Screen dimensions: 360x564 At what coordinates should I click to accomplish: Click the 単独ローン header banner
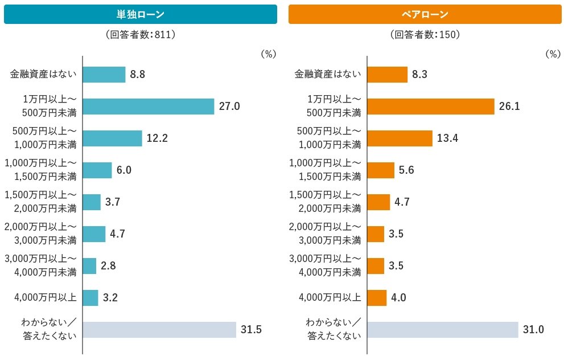(140, 14)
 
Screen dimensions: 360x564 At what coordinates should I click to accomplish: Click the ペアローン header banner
(425, 14)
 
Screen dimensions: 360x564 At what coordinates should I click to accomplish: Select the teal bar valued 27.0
(149, 107)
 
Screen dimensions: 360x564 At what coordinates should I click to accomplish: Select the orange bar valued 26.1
(431, 107)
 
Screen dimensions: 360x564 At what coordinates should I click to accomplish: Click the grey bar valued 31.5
(159, 330)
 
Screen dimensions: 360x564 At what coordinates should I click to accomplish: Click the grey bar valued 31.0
(443, 330)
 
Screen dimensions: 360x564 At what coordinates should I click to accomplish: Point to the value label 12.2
(157, 138)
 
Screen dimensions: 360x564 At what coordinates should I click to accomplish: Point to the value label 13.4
(448, 138)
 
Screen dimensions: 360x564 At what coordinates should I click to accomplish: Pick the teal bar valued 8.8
(104, 75)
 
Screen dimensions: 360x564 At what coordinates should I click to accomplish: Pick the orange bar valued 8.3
(388, 75)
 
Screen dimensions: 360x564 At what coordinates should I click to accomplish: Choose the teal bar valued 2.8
(89, 266)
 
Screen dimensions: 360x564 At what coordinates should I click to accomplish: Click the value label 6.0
(124, 170)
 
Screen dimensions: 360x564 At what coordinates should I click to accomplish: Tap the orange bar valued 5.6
(381, 170)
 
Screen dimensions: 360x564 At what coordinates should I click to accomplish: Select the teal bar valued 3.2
(90, 298)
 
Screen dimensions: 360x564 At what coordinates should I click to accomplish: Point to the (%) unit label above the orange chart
(553, 54)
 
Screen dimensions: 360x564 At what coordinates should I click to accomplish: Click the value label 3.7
(113, 202)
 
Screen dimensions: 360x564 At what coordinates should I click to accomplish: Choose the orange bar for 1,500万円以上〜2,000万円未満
(378, 202)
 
